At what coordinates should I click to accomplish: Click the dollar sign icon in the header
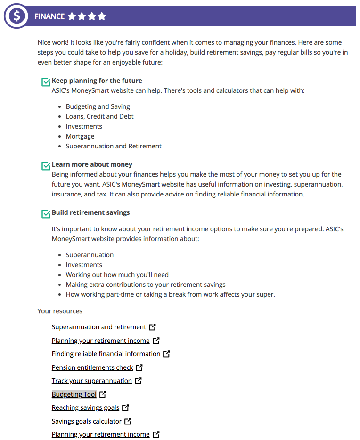pyautogui.click(x=17, y=16)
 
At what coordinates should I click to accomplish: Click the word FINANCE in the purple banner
pyautogui.click(x=49, y=16)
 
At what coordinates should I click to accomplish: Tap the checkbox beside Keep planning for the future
pyautogui.click(x=46, y=82)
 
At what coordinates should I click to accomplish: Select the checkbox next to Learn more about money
pyautogui.click(x=46, y=166)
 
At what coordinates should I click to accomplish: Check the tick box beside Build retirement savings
pyautogui.click(x=46, y=214)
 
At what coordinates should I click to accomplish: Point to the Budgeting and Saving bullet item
pyautogui.click(x=98, y=106)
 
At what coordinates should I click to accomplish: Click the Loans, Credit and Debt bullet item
pyautogui.click(x=99, y=116)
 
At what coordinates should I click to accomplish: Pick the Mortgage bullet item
pyautogui.click(x=80, y=136)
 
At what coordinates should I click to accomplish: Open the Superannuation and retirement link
pyautogui.click(x=99, y=327)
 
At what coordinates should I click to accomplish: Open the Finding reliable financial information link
pyautogui.click(x=106, y=354)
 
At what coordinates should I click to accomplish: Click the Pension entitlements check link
pyautogui.click(x=92, y=367)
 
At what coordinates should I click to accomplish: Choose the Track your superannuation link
pyautogui.click(x=92, y=381)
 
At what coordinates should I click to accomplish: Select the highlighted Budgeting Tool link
pyautogui.click(x=74, y=394)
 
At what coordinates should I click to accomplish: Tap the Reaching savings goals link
pyautogui.click(x=85, y=407)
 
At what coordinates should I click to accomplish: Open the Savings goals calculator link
pyautogui.click(x=87, y=421)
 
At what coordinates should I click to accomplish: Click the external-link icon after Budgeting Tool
pyautogui.click(x=103, y=394)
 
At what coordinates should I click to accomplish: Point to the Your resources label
pyautogui.click(x=60, y=311)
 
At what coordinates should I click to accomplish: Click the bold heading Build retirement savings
pyautogui.click(x=90, y=212)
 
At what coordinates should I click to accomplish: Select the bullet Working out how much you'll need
pyautogui.click(x=117, y=275)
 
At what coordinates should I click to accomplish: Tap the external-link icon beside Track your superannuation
pyautogui.click(x=138, y=381)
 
